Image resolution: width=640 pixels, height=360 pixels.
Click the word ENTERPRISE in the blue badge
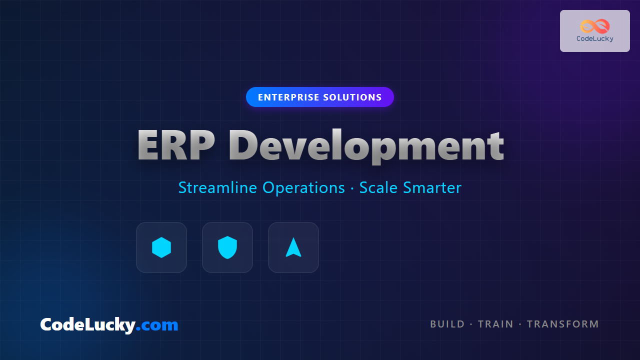[288, 97]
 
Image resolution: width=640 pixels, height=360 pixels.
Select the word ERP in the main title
[175, 145]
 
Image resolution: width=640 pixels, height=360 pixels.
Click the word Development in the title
[366, 146]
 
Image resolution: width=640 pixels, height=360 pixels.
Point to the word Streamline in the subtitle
[217, 187]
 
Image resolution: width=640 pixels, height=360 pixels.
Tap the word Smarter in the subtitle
[432, 187]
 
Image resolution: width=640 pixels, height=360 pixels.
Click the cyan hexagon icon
[161, 247]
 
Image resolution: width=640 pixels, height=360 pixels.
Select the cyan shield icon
[227, 247]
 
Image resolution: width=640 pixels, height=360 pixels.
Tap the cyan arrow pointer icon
[293, 247]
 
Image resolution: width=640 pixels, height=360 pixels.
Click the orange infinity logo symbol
[595, 26]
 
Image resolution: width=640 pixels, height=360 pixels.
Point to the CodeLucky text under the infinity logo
[595, 39]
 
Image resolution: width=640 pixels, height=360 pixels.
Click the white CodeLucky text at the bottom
[88, 325]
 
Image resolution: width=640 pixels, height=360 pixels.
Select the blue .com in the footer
[157, 325]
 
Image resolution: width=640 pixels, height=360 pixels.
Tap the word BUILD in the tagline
[447, 324]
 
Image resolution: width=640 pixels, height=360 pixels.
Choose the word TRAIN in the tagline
[495, 324]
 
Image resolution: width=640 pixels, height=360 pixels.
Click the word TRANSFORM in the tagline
[563, 324]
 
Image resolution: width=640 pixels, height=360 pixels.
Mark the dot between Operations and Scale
[352, 188]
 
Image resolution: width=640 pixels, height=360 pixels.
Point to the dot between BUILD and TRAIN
[471, 324]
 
